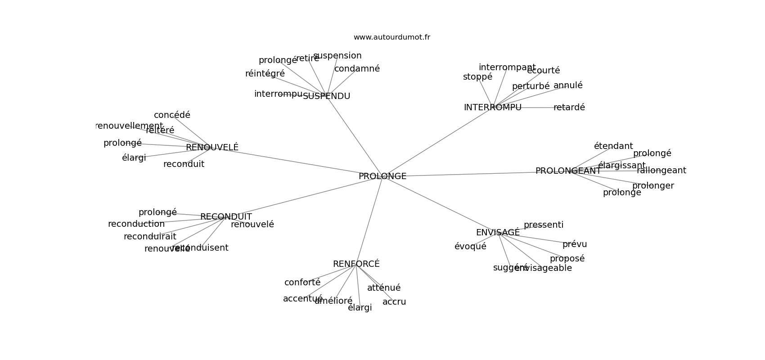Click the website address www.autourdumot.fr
pos(391,37)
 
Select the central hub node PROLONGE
pos(382,176)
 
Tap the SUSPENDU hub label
pos(326,96)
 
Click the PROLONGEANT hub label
pos(568,171)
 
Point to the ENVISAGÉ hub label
pos(498,233)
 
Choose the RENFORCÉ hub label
pos(356,264)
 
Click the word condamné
pos(357,69)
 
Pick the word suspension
pos(337,56)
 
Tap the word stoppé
pos(477,77)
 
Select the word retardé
pos(569,108)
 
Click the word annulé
pos(568,85)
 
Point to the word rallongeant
pos(661,171)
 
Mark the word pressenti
pos(543,225)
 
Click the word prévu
pos(575,244)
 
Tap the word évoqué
pos(470,247)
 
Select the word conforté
pos(302,283)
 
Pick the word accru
pos(394,302)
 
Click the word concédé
pos(172,115)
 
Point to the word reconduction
pos(136,224)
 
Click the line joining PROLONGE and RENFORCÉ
pos(369,220)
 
